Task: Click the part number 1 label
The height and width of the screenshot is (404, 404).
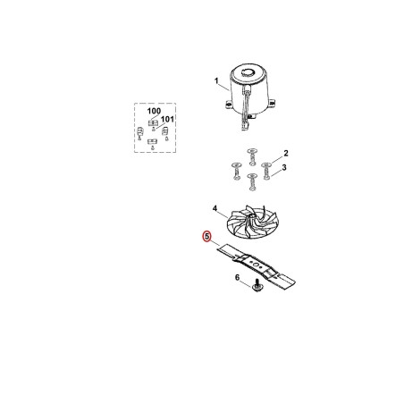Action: click(216, 80)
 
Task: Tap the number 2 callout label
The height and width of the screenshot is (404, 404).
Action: click(286, 153)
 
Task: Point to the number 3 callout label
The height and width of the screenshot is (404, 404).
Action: click(284, 167)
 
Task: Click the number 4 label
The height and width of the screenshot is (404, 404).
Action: click(215, 208)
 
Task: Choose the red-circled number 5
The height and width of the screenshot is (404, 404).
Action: click(206, 236)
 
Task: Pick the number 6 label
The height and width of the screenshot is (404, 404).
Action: click(237, 278)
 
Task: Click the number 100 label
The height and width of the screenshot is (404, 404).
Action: click(154, 111)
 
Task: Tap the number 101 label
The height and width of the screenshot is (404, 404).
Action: click(167, 119)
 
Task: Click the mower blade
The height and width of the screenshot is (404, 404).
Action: click(257, 265)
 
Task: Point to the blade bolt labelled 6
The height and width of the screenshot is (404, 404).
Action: click(256, 285)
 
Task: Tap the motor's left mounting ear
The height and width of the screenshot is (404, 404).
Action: click(228, 104)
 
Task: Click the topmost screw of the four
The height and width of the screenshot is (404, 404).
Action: click(252, 156)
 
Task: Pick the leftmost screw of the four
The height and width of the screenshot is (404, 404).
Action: click(236, 172)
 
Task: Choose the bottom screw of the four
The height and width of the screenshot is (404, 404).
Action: click(253, 181)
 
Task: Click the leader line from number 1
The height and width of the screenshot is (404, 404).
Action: click(224, 87)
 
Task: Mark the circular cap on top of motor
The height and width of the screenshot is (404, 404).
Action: click(248, 72)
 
